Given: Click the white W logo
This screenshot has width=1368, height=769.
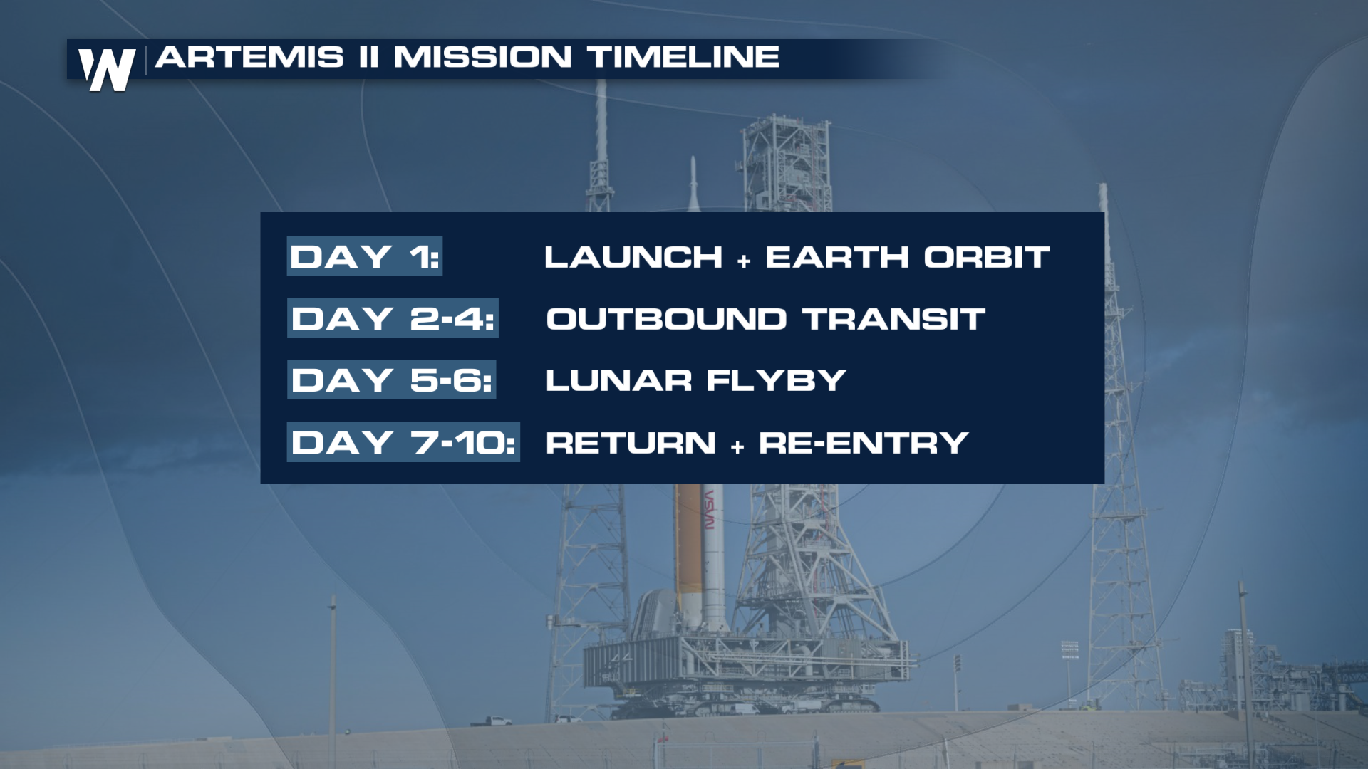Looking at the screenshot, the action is tap(107, 69).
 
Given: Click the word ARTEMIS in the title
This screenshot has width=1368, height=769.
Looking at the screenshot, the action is tap(249, 57).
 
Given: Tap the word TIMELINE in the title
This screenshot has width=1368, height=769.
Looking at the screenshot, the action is tap(683, 57).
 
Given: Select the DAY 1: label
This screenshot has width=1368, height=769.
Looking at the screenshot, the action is tap(364, 257).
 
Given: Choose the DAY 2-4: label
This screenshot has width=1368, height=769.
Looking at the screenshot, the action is tap(393, 318).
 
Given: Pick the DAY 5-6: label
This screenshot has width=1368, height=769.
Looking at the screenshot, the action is tap(391, 380).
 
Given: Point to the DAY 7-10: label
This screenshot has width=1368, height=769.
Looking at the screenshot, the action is tap(403, 442).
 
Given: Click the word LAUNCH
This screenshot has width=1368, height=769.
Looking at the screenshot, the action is tap(633, 257).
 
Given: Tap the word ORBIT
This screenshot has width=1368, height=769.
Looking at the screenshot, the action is tap(987, 257).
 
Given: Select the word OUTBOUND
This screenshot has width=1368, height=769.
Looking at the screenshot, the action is tap(666, 319).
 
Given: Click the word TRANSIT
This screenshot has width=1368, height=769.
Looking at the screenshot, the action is tap(894, 319).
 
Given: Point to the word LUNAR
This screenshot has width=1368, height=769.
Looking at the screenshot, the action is tap(618, 380).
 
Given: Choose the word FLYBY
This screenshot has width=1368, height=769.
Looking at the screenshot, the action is tap(777, 380).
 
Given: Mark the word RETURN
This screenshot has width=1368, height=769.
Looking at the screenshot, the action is tap(631, 443).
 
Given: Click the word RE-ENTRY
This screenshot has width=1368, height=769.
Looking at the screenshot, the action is tap(864, 443).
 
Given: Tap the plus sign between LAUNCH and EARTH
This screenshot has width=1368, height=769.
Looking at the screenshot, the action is tap(744, 261).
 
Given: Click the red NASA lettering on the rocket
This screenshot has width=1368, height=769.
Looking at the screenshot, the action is tap(709, 509).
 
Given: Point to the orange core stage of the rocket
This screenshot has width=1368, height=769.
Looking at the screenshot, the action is tap(688, 545).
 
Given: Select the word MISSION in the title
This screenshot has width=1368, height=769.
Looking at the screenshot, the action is tap(482, 57).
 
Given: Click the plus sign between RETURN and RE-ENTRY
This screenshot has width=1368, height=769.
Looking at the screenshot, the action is tap(737, 447).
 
